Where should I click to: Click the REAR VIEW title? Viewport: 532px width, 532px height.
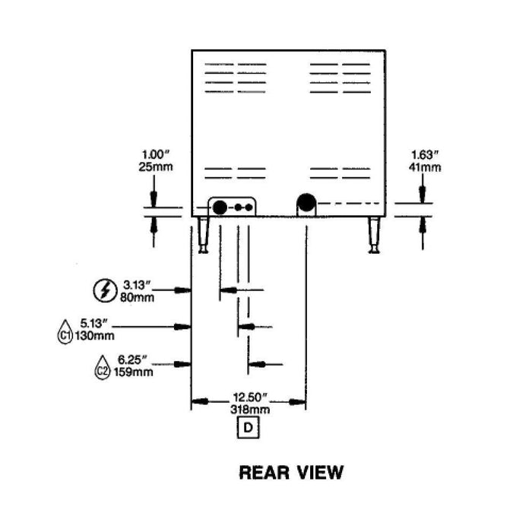tap(291, 472)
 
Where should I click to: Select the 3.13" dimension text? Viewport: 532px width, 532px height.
tap(138, 285)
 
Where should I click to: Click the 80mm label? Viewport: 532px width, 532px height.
tap(138, 296)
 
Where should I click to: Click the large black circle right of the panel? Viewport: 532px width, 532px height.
tap(306, 203)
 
